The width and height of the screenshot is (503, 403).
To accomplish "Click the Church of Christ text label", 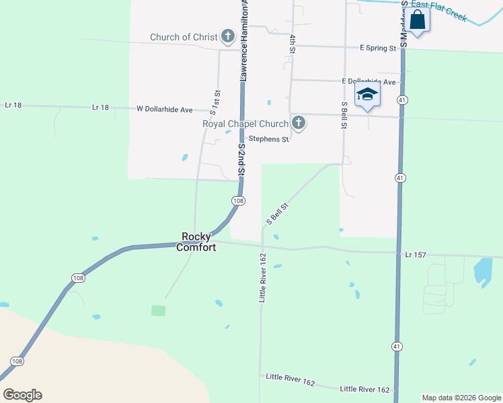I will tap(184, 37).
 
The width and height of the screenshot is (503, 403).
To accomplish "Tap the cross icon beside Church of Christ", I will tap(228, 37).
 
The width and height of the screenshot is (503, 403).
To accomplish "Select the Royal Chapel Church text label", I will tap(245, 124).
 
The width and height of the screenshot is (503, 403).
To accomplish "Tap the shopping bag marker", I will tap(418, 20).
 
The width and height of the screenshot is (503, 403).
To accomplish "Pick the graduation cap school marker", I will tap(367, 95).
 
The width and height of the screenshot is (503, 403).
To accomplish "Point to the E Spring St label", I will tap(377, 48).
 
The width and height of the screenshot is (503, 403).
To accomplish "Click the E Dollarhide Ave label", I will tap(368, 81).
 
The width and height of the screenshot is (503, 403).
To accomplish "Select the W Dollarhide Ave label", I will tap(165, 109).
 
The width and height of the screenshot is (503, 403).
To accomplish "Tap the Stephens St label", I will tap(268, 140).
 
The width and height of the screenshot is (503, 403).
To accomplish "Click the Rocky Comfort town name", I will tap(196, 242).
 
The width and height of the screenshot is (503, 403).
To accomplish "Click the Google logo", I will tap(22, 395).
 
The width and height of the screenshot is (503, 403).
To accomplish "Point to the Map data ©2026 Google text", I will tap(461, 398).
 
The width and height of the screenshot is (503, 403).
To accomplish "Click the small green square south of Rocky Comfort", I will tap(158, 310).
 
